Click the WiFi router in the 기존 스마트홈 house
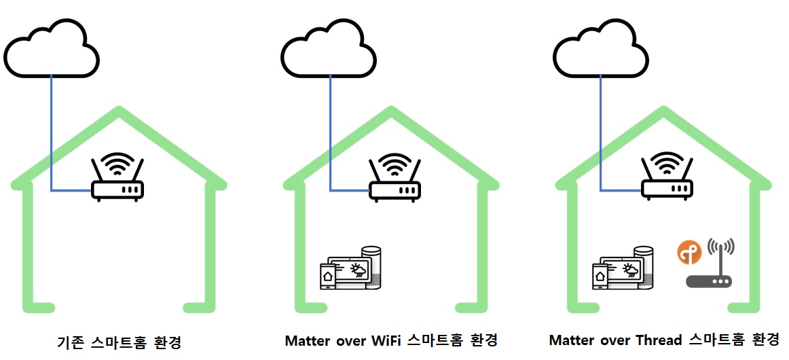coord(117,178)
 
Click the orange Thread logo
coord(690,253)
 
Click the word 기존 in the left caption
coord(71,342)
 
